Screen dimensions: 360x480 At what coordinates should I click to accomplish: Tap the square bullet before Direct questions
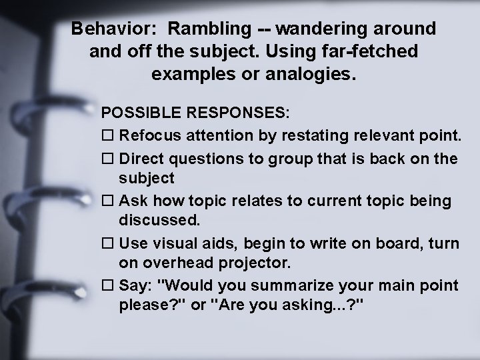pyautogui.click(x=109, y=159)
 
